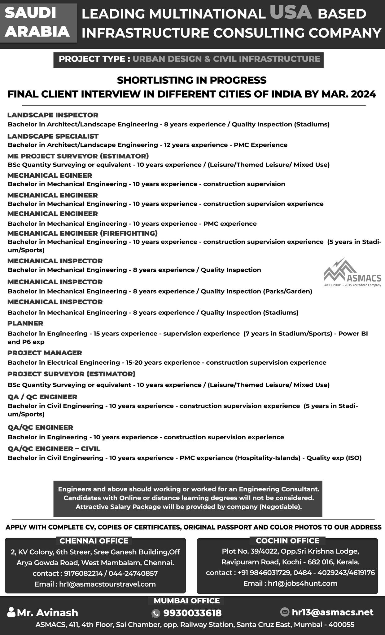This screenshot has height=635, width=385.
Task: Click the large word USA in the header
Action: pos(291,13)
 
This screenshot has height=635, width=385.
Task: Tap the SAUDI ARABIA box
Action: pos(38,23)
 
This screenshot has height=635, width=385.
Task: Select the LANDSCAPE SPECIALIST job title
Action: pos(53,136)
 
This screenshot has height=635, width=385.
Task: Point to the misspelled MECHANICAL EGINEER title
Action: pos(50,175)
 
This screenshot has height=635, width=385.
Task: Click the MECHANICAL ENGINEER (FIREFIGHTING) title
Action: pos(82,233)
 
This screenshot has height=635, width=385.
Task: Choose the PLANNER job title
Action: pos(25,323)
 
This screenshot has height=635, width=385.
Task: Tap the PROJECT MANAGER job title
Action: pos(45,353)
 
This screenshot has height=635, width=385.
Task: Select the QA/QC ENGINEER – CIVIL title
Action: pos(54,449)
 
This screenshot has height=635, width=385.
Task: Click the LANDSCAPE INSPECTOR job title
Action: pos(53,115)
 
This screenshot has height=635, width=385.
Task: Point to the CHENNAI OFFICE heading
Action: pos(94,541)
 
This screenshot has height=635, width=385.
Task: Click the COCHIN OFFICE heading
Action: pos(287,541)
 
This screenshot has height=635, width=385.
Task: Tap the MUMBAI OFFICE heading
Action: pos(186,601)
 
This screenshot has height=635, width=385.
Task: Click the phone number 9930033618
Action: pos(192,613)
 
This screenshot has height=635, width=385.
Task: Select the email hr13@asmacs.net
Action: pos(332,612)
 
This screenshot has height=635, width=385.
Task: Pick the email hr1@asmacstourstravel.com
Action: pos(107,584)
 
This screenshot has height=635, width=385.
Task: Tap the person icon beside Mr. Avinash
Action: pos(11,612)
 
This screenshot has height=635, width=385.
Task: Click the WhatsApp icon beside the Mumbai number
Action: pos(155,613)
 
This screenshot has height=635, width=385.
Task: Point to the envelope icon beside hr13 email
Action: pos(284,612)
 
